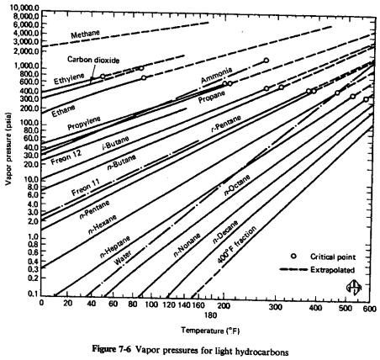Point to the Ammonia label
[x=215, y=79]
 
